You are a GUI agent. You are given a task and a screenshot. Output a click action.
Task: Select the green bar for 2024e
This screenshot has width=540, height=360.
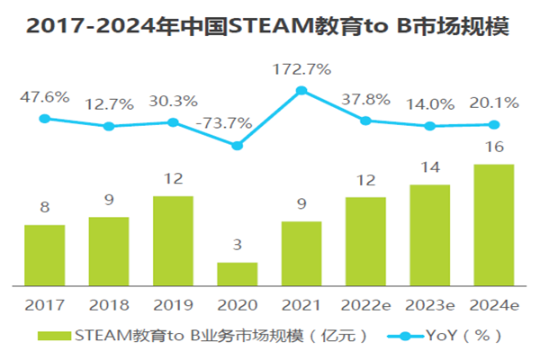(494, 225)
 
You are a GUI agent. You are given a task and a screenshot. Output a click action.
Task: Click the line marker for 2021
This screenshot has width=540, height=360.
(301, 90)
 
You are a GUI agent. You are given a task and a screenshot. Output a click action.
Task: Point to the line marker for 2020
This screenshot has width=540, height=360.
(238, 145)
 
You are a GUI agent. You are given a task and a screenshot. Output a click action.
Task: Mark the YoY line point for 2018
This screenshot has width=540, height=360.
(109, 126)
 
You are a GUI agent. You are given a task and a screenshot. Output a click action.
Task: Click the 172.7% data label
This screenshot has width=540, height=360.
(301, 67)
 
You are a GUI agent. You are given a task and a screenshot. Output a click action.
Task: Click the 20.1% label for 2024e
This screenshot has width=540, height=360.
(493, 102)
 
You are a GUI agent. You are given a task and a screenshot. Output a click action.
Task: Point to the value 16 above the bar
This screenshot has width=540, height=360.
(493, 147)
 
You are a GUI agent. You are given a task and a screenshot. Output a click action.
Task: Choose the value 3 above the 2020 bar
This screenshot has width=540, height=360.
(238, 246)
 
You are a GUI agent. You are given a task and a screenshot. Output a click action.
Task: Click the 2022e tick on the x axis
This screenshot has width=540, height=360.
(365, 303)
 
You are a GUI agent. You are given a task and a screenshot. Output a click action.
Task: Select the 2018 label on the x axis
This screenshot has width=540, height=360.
(109, 303)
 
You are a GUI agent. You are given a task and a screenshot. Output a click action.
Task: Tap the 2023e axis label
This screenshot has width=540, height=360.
(430, 303)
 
